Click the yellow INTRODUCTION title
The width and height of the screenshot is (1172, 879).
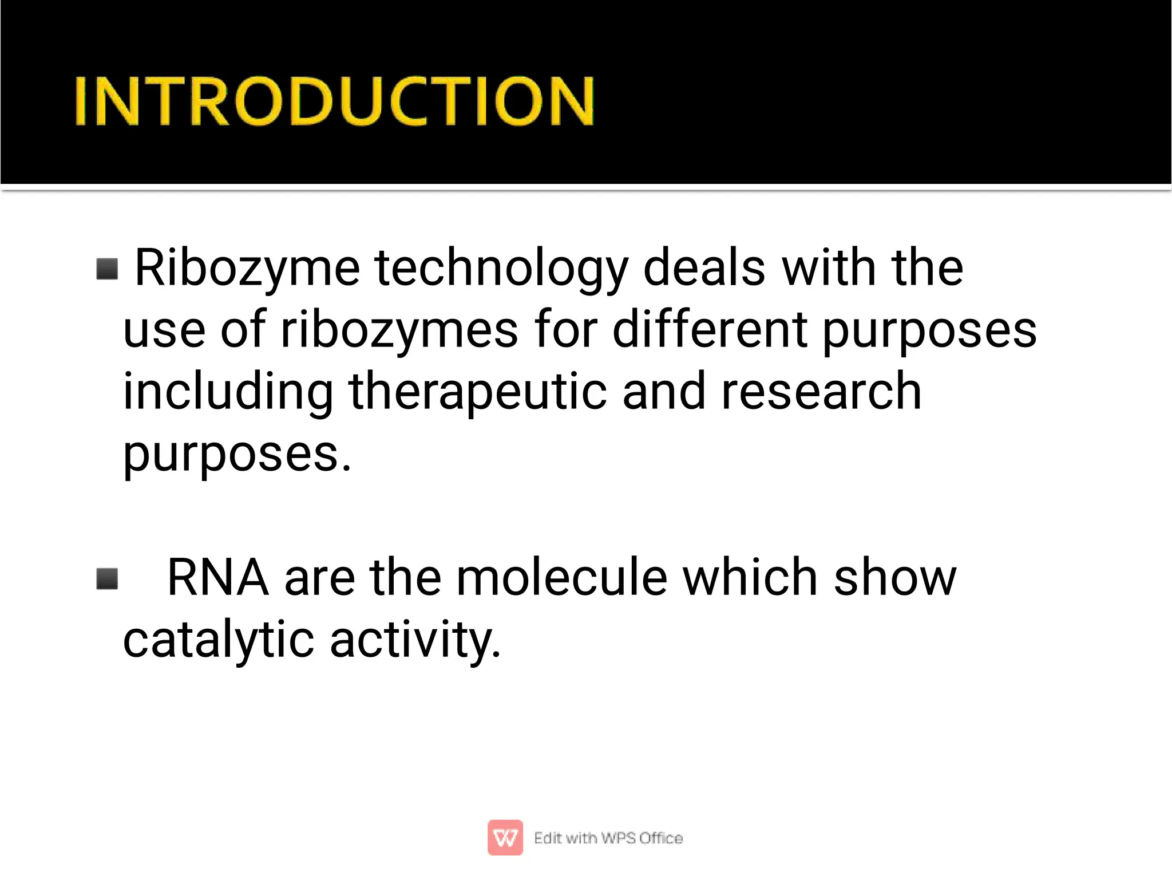point(334,101)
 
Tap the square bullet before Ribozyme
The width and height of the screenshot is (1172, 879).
point(107,269)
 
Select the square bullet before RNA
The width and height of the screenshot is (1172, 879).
point(107,578)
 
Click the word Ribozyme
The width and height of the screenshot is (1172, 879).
point(247,268)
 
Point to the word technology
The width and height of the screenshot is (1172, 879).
point(501,268)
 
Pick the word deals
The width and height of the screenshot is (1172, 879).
point(704,268)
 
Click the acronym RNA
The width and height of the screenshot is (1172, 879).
point(218,578)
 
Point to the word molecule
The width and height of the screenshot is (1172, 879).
point(561,578)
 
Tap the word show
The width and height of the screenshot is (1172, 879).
point(895,578)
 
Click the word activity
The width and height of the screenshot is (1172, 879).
point(415,640)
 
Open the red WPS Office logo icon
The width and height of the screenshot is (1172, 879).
point(505,838)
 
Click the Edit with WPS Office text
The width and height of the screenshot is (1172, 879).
point(608,838)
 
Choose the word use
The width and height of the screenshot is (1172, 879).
point(164,331)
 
